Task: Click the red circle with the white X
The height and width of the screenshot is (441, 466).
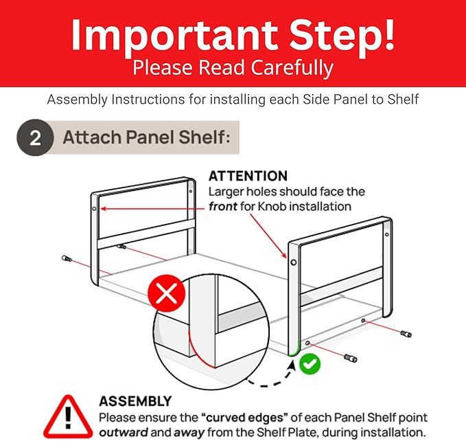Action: [x=167, y=293]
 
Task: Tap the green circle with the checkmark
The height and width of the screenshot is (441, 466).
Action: [x=310, y=363]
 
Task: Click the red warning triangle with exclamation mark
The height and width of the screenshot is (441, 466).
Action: [x=68, y=416]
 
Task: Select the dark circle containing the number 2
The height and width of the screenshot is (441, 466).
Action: [x=35, y=137]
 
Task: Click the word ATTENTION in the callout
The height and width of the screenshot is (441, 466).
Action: [x=248, y=176]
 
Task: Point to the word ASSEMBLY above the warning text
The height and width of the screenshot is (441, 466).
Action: [x=135, y=401]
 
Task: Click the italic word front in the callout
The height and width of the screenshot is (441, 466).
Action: [x=222, y=206]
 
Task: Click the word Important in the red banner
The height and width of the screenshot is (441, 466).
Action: [x=175, y=34]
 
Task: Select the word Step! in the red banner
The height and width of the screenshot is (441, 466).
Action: [x=342, y=34]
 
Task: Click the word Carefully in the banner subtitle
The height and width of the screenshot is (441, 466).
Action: [x=292, y=68]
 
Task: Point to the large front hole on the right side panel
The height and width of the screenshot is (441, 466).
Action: [x=293, y=262]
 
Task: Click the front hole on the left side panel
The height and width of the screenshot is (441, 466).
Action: [x=94, y=209]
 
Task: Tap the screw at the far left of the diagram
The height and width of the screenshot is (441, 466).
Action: [x=67, y=258]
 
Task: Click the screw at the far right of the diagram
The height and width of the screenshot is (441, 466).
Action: [x=406, y=334]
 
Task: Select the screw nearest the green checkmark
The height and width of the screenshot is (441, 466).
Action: [x=351, y=358]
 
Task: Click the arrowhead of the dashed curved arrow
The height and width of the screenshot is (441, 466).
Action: [x=292, y=365]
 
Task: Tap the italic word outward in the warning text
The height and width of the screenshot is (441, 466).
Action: [x=124, y=432]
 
